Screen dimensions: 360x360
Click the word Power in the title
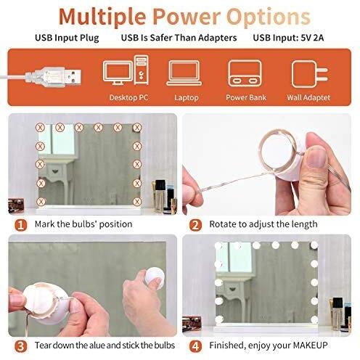click(x=186, y=17)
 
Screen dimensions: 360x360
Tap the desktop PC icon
click(x=126, y=70)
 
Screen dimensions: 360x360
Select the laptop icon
click(x=184, y=73)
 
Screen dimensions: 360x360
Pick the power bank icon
click(x=245, y=73)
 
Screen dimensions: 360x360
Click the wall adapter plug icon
click(x=310, y=74)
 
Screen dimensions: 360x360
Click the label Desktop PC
click(x=128, y=97)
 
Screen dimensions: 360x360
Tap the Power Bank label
click(x=246, y=97)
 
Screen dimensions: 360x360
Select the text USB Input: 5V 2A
click(x=288, y=38)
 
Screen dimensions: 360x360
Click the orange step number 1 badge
click(x=21, y=225)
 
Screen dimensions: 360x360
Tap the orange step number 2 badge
click(x=195, y=225)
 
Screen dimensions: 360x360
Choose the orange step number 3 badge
click(x=21, y=346)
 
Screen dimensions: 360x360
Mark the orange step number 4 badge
click(x=195, y=346)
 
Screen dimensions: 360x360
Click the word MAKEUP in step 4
click(x=311, y=345)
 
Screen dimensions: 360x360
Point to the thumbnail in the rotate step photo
click(x=316, y=157)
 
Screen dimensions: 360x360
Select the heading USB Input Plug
click(x=67, y=38)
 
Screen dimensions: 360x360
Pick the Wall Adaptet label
click(x=308, y=97)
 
